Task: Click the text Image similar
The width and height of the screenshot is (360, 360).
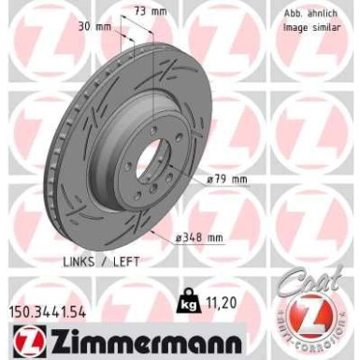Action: [x=311, y=28]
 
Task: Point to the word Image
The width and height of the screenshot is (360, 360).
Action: [x=295, y=28]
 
